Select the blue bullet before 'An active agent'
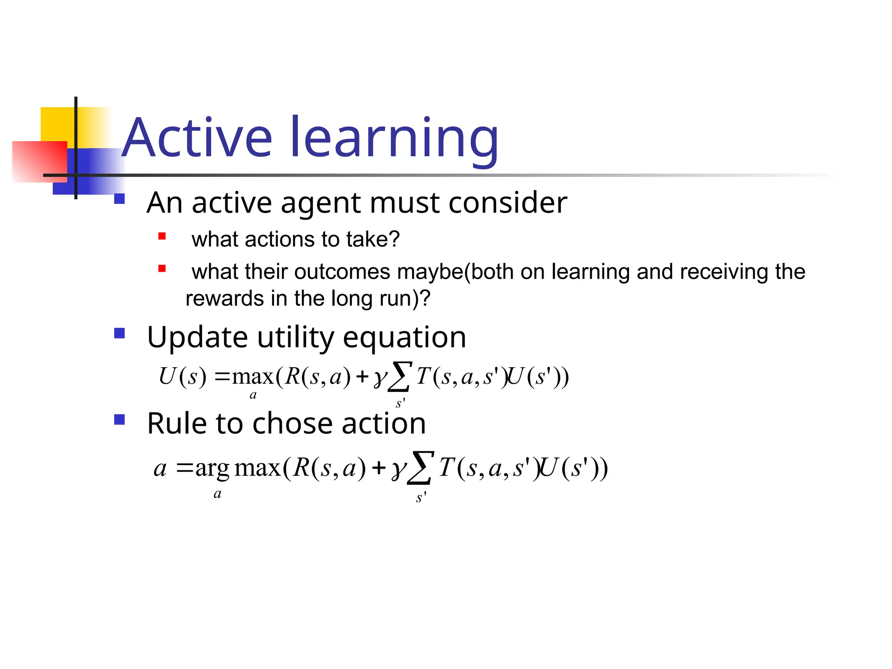tap(119, 199)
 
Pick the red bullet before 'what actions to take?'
tap(162, 237)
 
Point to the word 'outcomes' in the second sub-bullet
tap(342, 272)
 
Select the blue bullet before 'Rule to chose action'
tap(119, 419)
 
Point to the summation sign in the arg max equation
tap(420, 468)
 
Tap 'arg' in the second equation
tap(212, 469)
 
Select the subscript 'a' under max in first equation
tap(253, 395)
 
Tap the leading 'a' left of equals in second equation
tap(160, 469)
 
